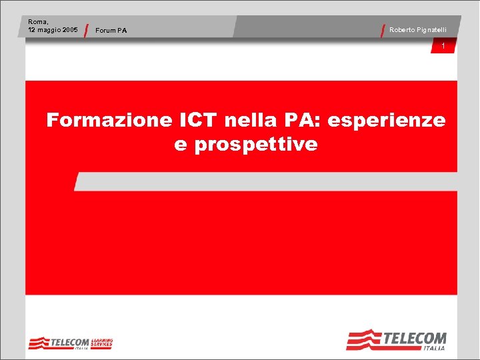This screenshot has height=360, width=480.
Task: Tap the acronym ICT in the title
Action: tap(199, 121)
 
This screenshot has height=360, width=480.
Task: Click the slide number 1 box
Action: tap(443, 45)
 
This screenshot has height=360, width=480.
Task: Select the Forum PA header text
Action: tap(111, 31)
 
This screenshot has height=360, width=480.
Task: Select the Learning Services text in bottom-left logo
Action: tap(103, 342)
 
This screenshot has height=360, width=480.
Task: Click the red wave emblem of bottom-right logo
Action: tap(363, 340)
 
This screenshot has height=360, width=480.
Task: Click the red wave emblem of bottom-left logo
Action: tap(39, 343)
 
